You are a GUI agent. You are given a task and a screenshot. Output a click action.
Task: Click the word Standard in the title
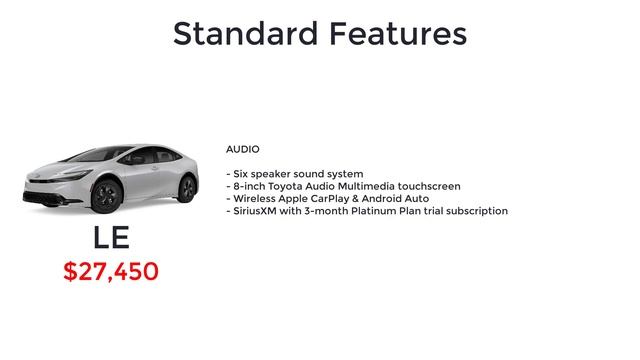pyautogui.click(x=244, y=33)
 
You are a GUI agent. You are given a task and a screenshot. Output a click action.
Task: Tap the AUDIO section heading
pyautogui.click(x=242, y=149)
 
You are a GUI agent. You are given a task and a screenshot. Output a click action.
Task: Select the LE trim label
pyautogui.click(x=112, y=238)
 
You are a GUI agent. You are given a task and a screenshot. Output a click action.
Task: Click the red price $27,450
pyautogui.click(x=111, y=271)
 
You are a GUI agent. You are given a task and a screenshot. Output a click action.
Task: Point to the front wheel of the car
pyautogui.click(x=107, y=194)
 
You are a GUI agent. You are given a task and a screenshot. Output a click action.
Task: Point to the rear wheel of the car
pyautogui.click(x=186, y=187)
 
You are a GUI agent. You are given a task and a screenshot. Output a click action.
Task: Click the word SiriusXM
pyautogui.click(x=258, y=211)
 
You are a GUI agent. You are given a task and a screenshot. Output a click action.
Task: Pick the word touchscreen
pyautogui.click(x=428, y=186)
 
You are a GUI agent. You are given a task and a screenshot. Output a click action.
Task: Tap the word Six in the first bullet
pyautogui.click(x=241, y=174)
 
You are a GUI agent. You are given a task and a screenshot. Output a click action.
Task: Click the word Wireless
pyautogui.click(x=254, y=199)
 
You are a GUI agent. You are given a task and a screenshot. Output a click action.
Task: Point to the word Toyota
pyautogui.click(x=290, y=186)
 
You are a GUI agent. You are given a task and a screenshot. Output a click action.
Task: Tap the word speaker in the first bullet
pyautogui.click(x=275, y=174)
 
